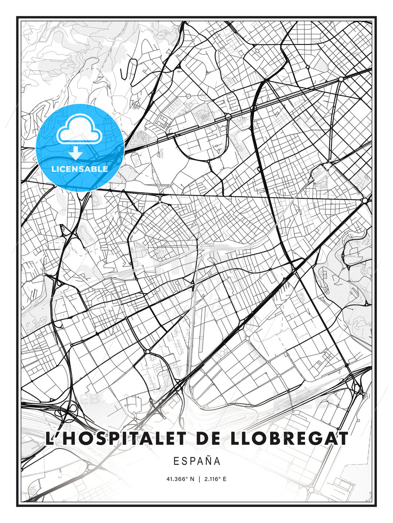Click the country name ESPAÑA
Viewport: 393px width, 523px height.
pos(197,461)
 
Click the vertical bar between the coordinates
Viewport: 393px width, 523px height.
pos(199,479)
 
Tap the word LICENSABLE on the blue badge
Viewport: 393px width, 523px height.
pos(80,169)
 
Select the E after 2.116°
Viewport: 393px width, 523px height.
pos(225,479)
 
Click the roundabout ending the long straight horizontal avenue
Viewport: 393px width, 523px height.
pos(365,200)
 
